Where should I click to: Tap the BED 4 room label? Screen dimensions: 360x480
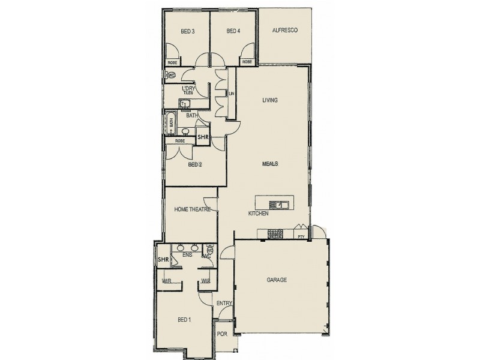click(x=233, y=31)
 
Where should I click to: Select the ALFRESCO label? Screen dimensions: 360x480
click(x=285, y=30)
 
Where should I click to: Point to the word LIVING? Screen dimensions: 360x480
click(x=270, y=100)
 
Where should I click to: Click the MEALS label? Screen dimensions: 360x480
click(x=270, y=163)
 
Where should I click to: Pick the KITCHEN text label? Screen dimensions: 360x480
click(x=258, y=214)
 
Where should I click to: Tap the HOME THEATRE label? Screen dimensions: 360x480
click(x=191, y=209)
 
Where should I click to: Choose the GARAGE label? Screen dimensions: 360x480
click(x=277, y=280)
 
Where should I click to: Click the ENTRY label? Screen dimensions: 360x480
click(x=224, y=304)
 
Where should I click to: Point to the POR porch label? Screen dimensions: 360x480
click(x=221, y=334)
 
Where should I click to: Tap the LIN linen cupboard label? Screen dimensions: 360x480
click(x=231, y=94)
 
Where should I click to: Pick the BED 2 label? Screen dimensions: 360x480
click(x=193, y=164)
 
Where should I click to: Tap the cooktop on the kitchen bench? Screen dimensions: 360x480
click(x=275, y=234)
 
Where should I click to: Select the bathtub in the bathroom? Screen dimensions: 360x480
click(x=171, y=123)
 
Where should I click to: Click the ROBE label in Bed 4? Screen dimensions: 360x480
click(x=246, y=62)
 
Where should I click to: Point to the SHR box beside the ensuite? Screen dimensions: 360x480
click(x=163, y=260)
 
